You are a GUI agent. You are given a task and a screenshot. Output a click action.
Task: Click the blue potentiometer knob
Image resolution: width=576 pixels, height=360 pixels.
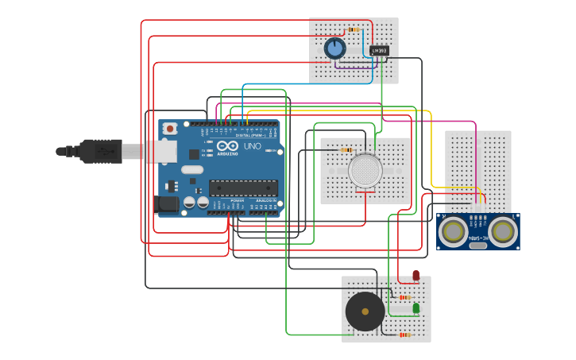click(335, 49)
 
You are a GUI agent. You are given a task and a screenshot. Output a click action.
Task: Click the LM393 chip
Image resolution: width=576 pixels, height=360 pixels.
click(380, 51)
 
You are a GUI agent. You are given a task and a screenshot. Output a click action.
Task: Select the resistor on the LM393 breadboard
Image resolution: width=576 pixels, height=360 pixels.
click(353, 29)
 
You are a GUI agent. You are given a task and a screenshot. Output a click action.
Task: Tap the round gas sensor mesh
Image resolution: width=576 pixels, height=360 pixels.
click(365, 171)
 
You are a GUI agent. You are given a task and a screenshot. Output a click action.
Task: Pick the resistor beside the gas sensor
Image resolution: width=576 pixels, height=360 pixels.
click(346, 149)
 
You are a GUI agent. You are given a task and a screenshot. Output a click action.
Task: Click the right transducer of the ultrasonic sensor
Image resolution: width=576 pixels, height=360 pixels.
click(503, 231)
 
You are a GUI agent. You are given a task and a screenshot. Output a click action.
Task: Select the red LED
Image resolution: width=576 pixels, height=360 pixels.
click(416, 275)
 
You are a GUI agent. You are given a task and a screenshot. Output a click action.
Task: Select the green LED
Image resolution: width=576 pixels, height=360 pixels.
click(416, 308)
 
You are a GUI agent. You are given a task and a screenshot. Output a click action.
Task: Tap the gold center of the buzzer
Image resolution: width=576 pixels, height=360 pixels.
click(365, 312)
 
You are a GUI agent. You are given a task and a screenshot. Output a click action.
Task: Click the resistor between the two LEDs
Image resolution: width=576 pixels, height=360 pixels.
click(406, 297)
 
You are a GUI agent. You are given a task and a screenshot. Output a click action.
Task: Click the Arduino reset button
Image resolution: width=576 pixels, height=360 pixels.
click(169, 129)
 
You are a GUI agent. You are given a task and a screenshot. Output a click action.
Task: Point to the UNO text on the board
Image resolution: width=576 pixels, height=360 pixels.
click(252, 147)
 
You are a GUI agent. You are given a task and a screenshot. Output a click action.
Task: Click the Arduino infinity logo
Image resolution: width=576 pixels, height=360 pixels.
click(227, 146)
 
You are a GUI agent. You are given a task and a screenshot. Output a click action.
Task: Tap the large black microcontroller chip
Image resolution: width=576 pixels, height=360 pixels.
click(243, 188)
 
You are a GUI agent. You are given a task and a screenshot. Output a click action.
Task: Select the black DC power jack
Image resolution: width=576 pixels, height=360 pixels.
click(167, 204)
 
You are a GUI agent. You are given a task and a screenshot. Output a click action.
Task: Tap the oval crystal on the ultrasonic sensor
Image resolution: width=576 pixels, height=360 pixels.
click(478, 246)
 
